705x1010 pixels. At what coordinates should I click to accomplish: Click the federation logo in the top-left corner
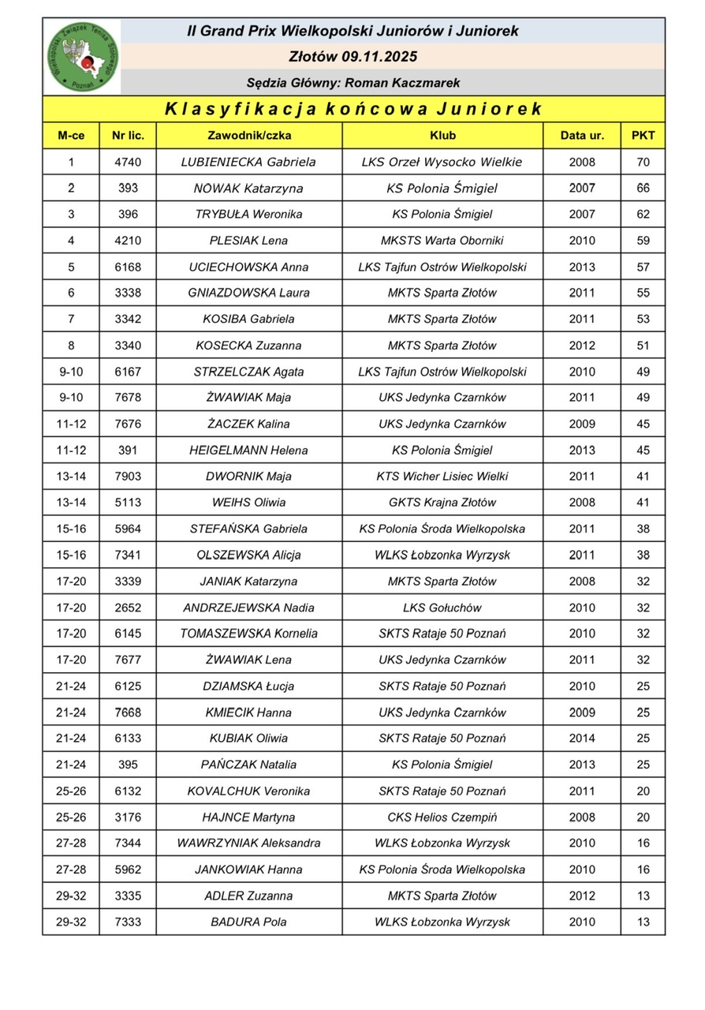click(82, 57)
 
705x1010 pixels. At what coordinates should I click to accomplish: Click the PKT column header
click(643, 135)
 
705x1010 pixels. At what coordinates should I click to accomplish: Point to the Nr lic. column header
click(128, 135)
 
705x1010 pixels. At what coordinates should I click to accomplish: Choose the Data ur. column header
click(582, 135)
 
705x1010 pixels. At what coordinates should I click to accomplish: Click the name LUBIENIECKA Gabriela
click(248, 162)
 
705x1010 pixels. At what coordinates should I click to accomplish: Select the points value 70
click(643, 162)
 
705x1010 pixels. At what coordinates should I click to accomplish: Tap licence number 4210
click(128, 241)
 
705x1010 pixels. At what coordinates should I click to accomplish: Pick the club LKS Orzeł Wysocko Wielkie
click(442, 162)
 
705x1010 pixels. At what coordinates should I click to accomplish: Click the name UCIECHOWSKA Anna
click(248, 267)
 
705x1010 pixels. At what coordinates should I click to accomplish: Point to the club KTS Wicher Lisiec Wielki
click(442, 476)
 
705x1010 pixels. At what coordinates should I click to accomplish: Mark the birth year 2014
click(582, 739)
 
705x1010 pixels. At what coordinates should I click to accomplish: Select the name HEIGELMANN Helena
click(248, 450)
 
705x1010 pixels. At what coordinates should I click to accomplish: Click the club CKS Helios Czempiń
click(442, 817)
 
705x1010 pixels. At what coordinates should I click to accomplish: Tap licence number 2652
click(128, 608)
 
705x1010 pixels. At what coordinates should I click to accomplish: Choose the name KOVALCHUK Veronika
click(248, 791)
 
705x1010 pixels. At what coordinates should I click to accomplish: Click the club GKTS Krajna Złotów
click(442, 502)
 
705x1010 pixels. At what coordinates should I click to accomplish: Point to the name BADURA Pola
click(248, 922)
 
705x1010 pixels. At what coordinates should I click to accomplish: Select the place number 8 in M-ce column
click(71, 345)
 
